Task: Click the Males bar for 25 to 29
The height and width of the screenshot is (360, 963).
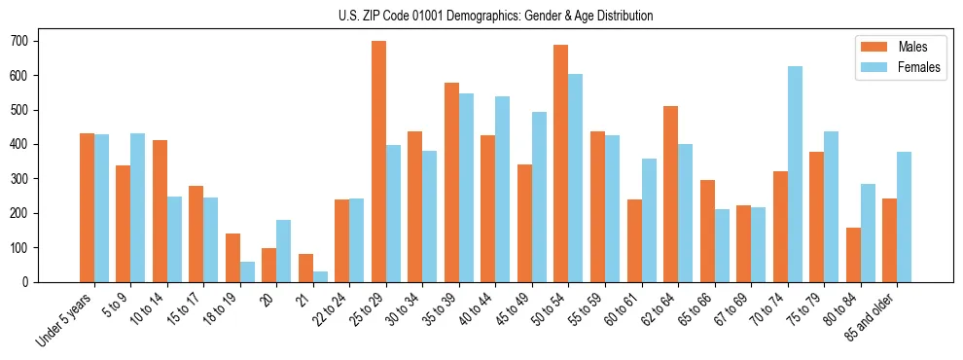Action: [378, 162]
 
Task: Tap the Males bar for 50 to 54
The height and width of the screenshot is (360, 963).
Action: [561, 163]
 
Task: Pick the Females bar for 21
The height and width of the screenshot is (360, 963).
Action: [320, 276]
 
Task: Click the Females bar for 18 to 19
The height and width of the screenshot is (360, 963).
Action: [247, 271]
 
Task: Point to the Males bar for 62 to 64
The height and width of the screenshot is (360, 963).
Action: [670, 194]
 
